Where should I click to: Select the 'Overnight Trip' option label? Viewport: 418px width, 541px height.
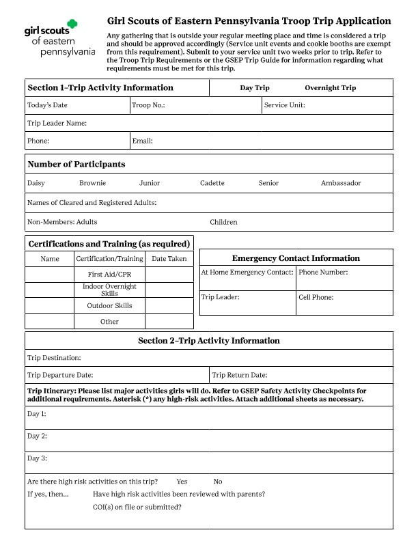pos(330,88)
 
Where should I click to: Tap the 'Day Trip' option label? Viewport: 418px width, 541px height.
pos(255,88)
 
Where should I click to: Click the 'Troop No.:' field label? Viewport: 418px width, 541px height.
pos(148,105)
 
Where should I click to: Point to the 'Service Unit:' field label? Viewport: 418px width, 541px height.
pos(284,105)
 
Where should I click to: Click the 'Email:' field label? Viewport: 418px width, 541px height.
pos(142,141)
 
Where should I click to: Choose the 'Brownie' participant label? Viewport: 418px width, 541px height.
pos(92,183)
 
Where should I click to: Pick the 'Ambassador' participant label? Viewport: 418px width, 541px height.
pos(341,183)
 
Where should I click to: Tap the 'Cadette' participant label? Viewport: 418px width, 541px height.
pos(212,183)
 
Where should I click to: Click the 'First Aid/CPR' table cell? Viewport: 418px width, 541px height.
pos(109,274)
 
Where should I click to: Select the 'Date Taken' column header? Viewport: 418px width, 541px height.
pos(169,259)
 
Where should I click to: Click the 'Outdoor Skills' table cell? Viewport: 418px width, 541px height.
pos(109,305)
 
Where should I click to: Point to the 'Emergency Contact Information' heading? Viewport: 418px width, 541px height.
pos(296,258)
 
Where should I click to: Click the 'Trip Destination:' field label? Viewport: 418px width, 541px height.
pos(54,358)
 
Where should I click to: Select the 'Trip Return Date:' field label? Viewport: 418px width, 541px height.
pos(239,375)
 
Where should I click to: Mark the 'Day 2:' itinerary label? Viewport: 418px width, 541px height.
pos(37,436)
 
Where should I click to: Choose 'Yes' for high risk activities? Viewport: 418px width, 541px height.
pos(182,482)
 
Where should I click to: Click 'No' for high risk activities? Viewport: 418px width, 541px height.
pos(218,482)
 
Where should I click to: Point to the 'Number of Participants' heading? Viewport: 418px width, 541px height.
pos(76,165)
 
